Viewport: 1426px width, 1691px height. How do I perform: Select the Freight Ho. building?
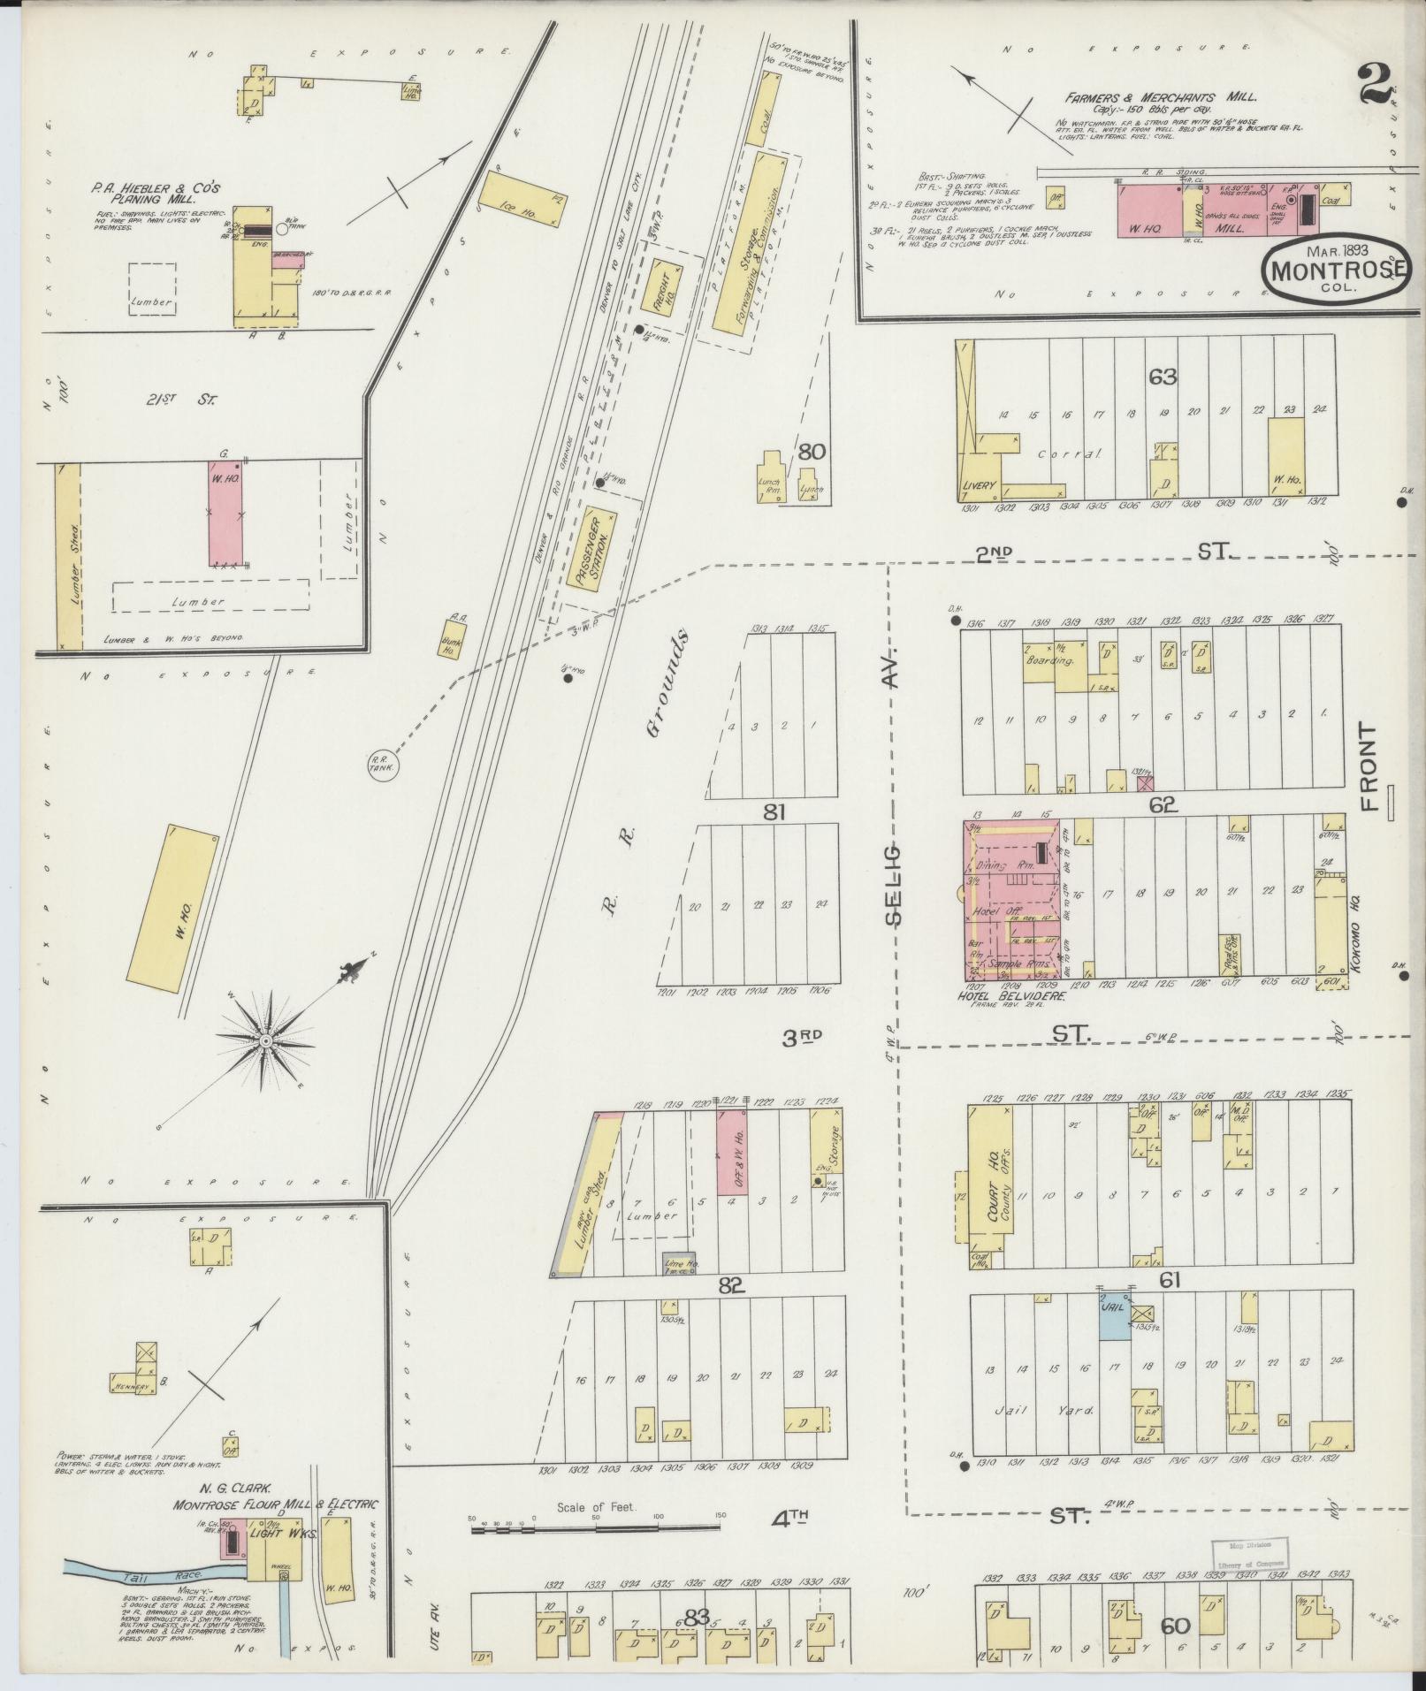tap(663, 288)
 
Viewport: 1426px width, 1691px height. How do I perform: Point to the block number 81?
tap(774, 811)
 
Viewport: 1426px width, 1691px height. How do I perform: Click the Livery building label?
tap(980, 485)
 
